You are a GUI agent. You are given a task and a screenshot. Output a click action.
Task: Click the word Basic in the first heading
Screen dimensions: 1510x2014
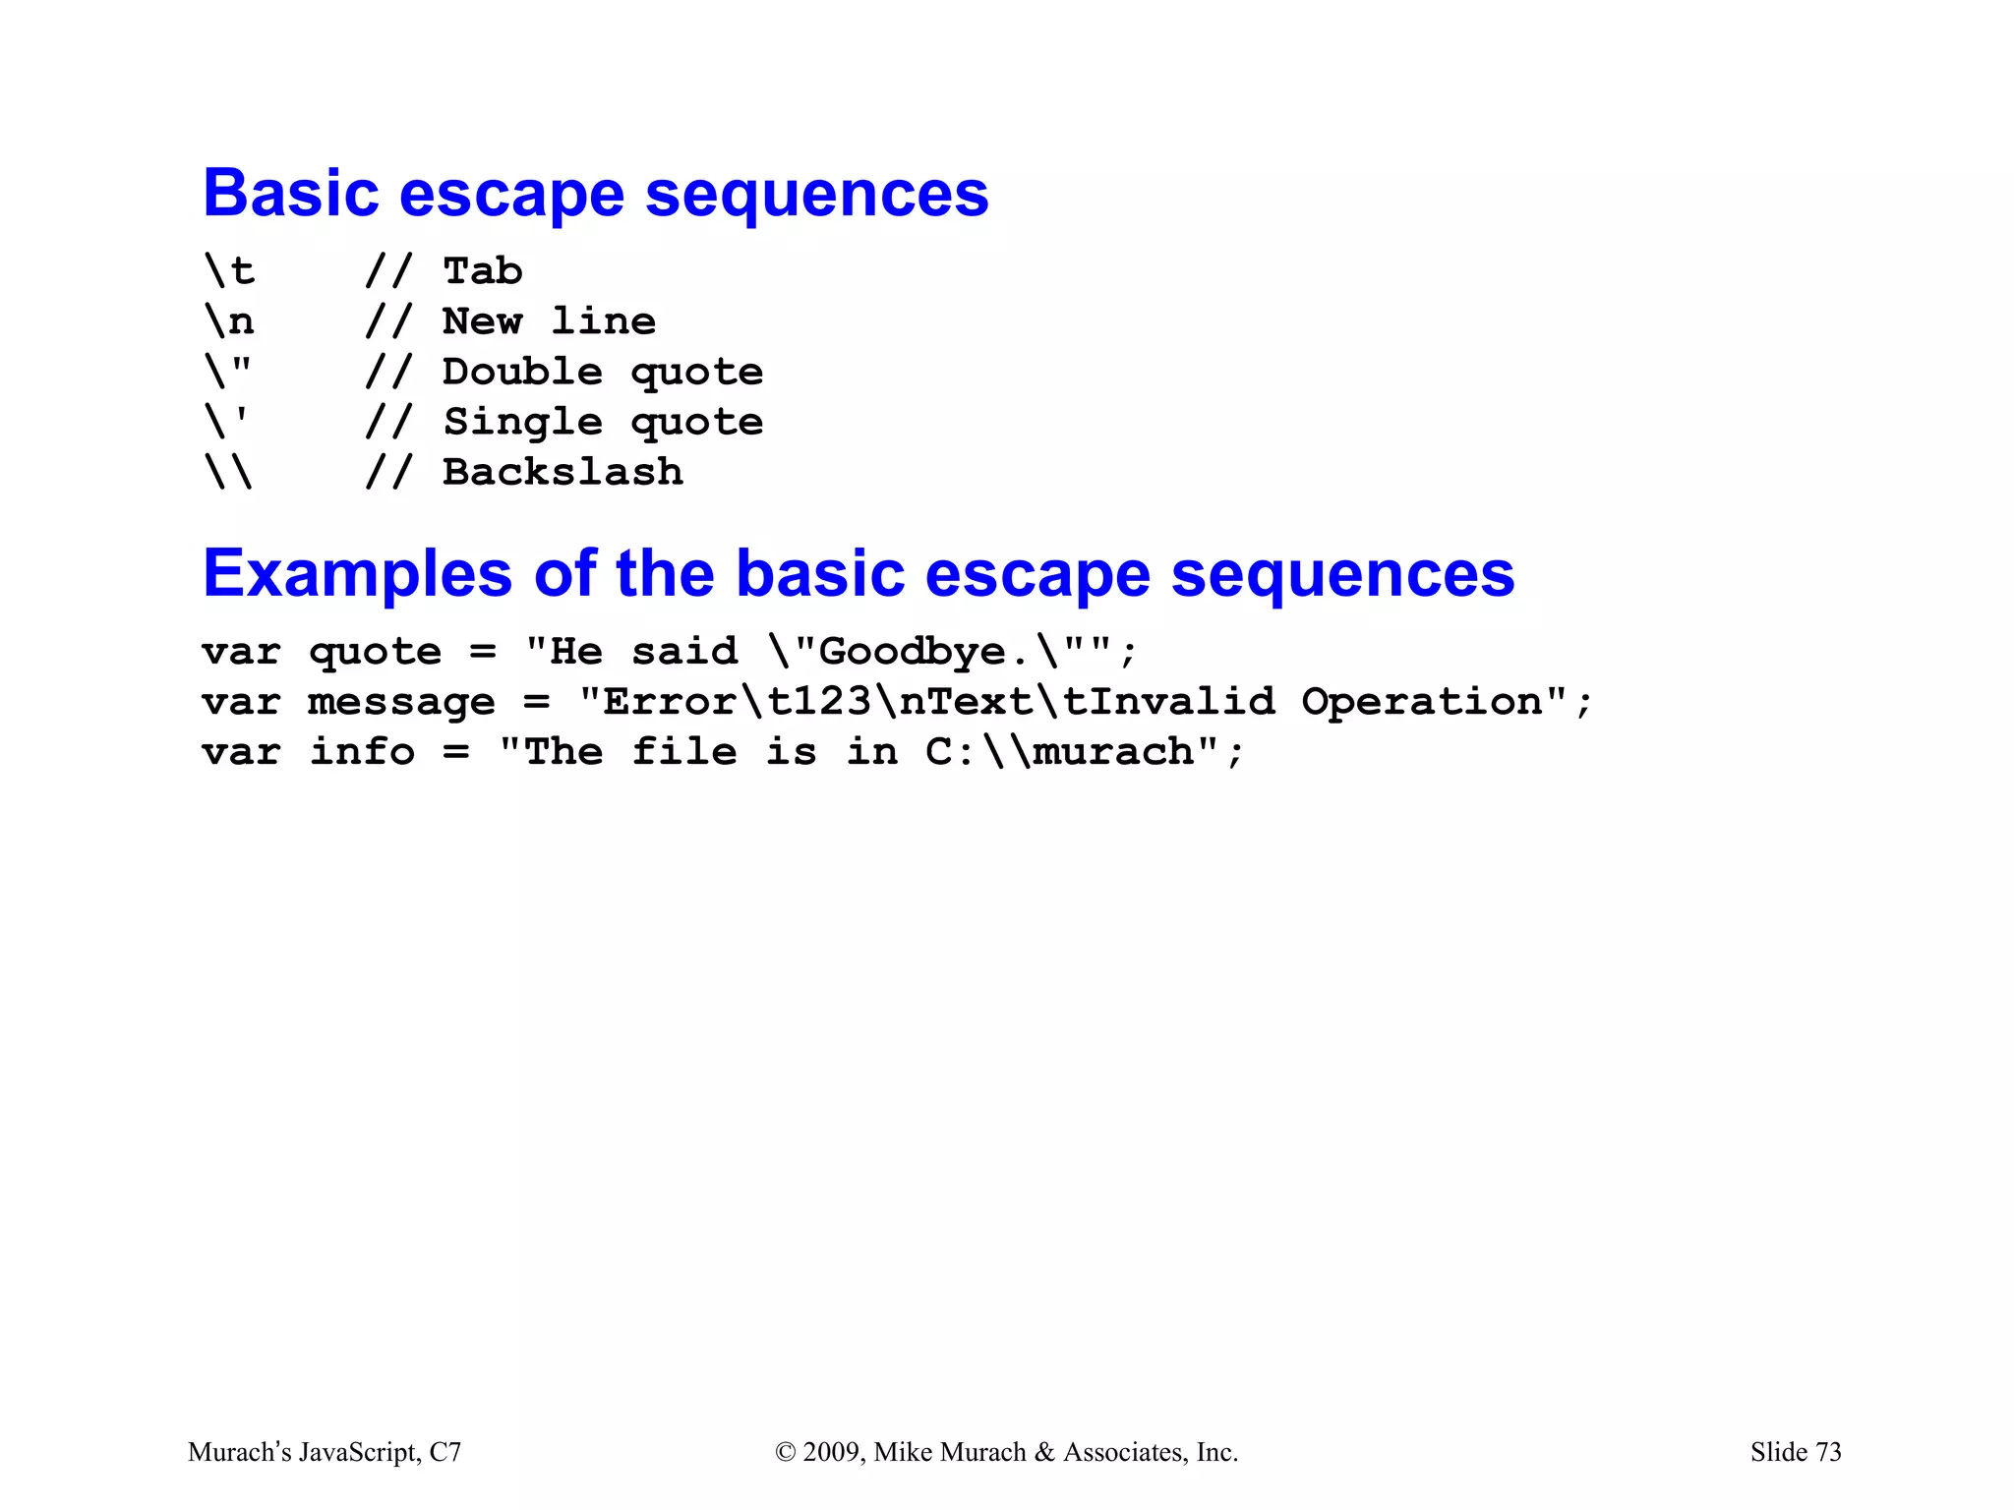click(x=291, y=194)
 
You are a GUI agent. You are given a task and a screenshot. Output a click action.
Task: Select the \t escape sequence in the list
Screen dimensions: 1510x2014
click(x=229, y=271)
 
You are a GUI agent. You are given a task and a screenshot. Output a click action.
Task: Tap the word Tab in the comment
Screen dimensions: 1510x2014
click(x=483, y=271)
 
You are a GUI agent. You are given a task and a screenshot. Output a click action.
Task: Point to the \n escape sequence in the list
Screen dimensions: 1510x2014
click(x=229, y=321)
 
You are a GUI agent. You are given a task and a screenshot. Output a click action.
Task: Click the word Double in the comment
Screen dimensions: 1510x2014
click(x=522, y=372)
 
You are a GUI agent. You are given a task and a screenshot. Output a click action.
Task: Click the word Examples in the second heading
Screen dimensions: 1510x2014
click(x=357, y=574)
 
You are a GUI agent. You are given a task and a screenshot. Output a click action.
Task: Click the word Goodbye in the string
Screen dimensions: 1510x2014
click(x=912, y=652)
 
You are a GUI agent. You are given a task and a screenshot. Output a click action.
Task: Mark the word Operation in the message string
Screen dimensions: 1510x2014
click(x=1422, y=702)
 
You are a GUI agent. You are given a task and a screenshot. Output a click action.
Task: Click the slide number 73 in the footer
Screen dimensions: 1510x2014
click(x=1828, y=1452)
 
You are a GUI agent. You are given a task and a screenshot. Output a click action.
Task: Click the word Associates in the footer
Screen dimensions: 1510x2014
click(x=1124, y=1452)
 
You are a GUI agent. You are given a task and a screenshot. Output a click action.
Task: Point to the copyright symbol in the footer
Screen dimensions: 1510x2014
click(x=785, y=1452)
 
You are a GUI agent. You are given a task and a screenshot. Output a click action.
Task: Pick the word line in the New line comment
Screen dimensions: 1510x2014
click(x=603, y=321)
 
